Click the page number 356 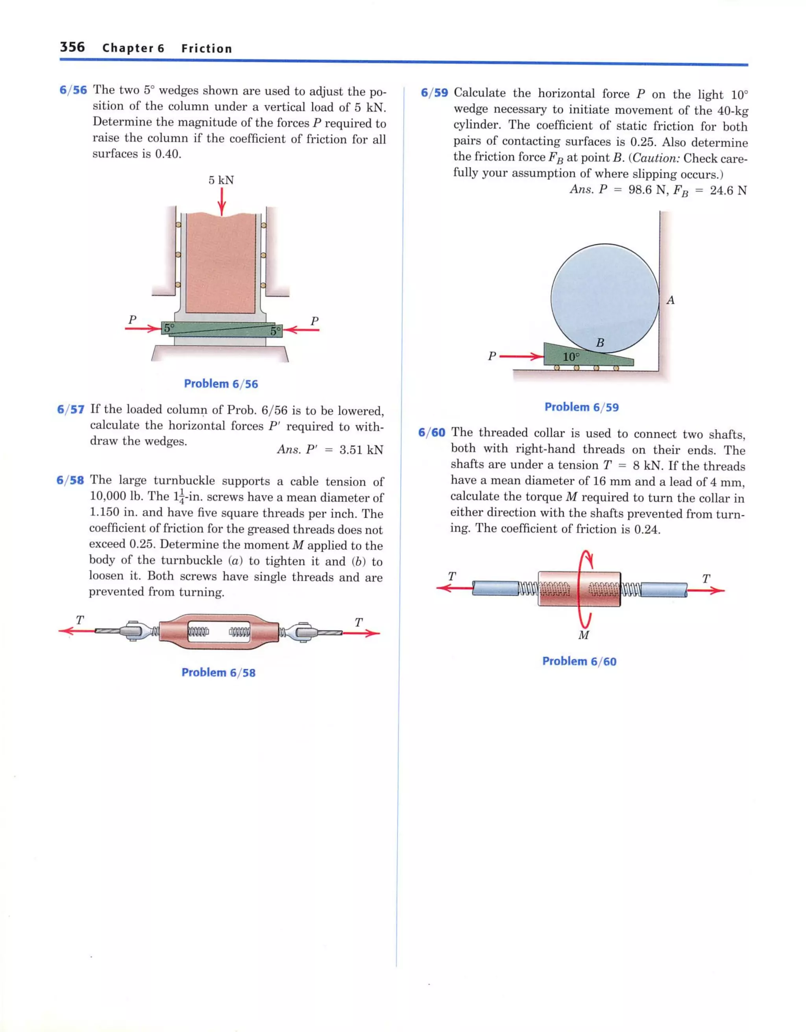coord(72,47)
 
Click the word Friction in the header coord(207,49)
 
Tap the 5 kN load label coord(221,180)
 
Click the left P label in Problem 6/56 coord(132,320)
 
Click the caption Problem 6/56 coord(221,384)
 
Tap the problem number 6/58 coord(70,480)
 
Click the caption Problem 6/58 coord(218,672)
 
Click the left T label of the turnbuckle coord(79,620)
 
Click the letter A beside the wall coord(670,300)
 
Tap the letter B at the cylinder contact coord(600,343)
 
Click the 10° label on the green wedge coord(571,357)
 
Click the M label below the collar coord(584,635)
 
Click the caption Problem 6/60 coord(579,661)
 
